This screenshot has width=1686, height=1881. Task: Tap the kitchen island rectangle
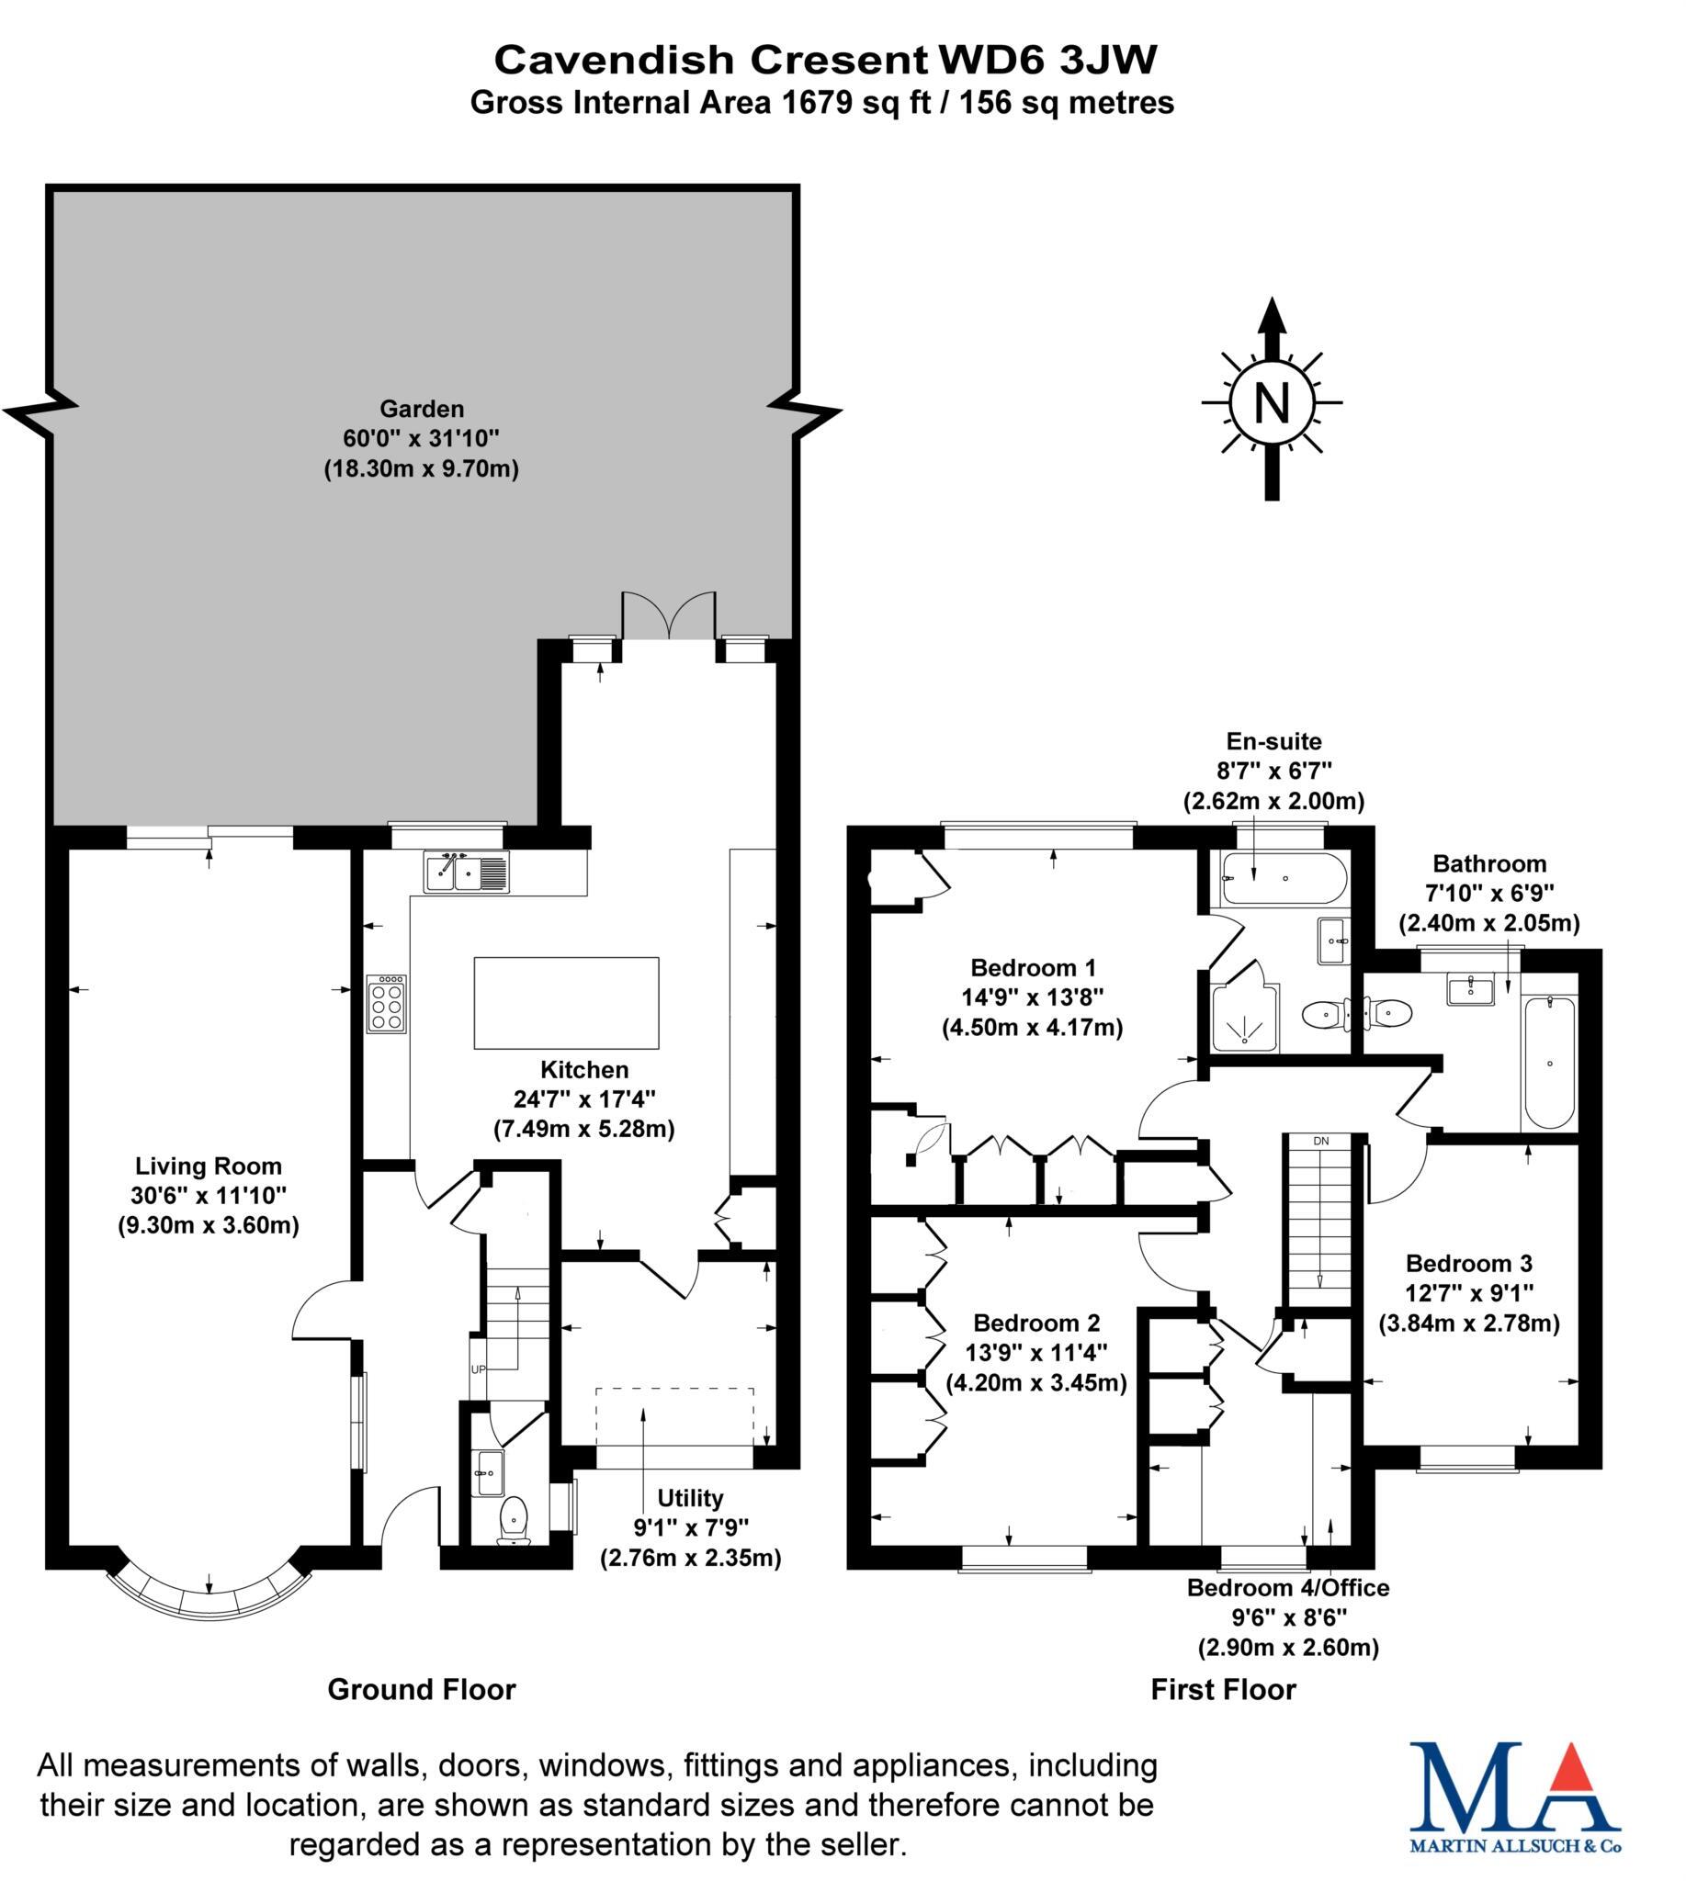(566, 1003)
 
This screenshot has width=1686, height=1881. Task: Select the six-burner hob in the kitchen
(386, 1003)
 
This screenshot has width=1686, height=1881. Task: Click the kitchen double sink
(466, 872)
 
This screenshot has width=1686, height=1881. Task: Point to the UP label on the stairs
(478, 1369)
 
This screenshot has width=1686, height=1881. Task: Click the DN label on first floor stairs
(1321, 1141)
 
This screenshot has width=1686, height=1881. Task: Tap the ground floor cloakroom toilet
(514, 1521)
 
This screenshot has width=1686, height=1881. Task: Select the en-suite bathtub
(1283, 879)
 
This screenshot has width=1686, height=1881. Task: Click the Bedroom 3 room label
(1468, 1263)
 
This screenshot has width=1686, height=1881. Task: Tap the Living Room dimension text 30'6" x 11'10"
(209, 1196)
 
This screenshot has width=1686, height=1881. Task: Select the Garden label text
(422, 409)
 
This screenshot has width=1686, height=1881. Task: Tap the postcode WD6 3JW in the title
(1047, 61)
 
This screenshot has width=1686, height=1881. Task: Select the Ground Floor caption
(422, 1689)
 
